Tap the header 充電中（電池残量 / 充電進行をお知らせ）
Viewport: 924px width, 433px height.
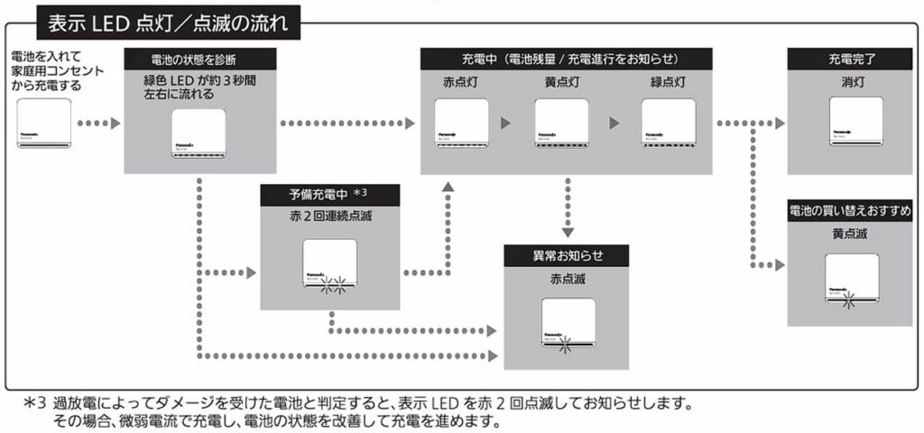(566, 60)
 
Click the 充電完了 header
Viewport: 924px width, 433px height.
(852, 60)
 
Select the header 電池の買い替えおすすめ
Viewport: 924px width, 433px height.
(852, 210)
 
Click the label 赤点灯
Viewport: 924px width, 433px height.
(461, 82)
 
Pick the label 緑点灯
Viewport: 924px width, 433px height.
(668, 82)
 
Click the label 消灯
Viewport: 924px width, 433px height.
(852, 82)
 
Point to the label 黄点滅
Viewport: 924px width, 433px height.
(852, 234)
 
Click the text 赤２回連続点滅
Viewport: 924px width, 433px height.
(329, 217)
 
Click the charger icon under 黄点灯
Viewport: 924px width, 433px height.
(561, 124)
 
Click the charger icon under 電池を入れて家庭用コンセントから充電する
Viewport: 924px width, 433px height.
(43, 124)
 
